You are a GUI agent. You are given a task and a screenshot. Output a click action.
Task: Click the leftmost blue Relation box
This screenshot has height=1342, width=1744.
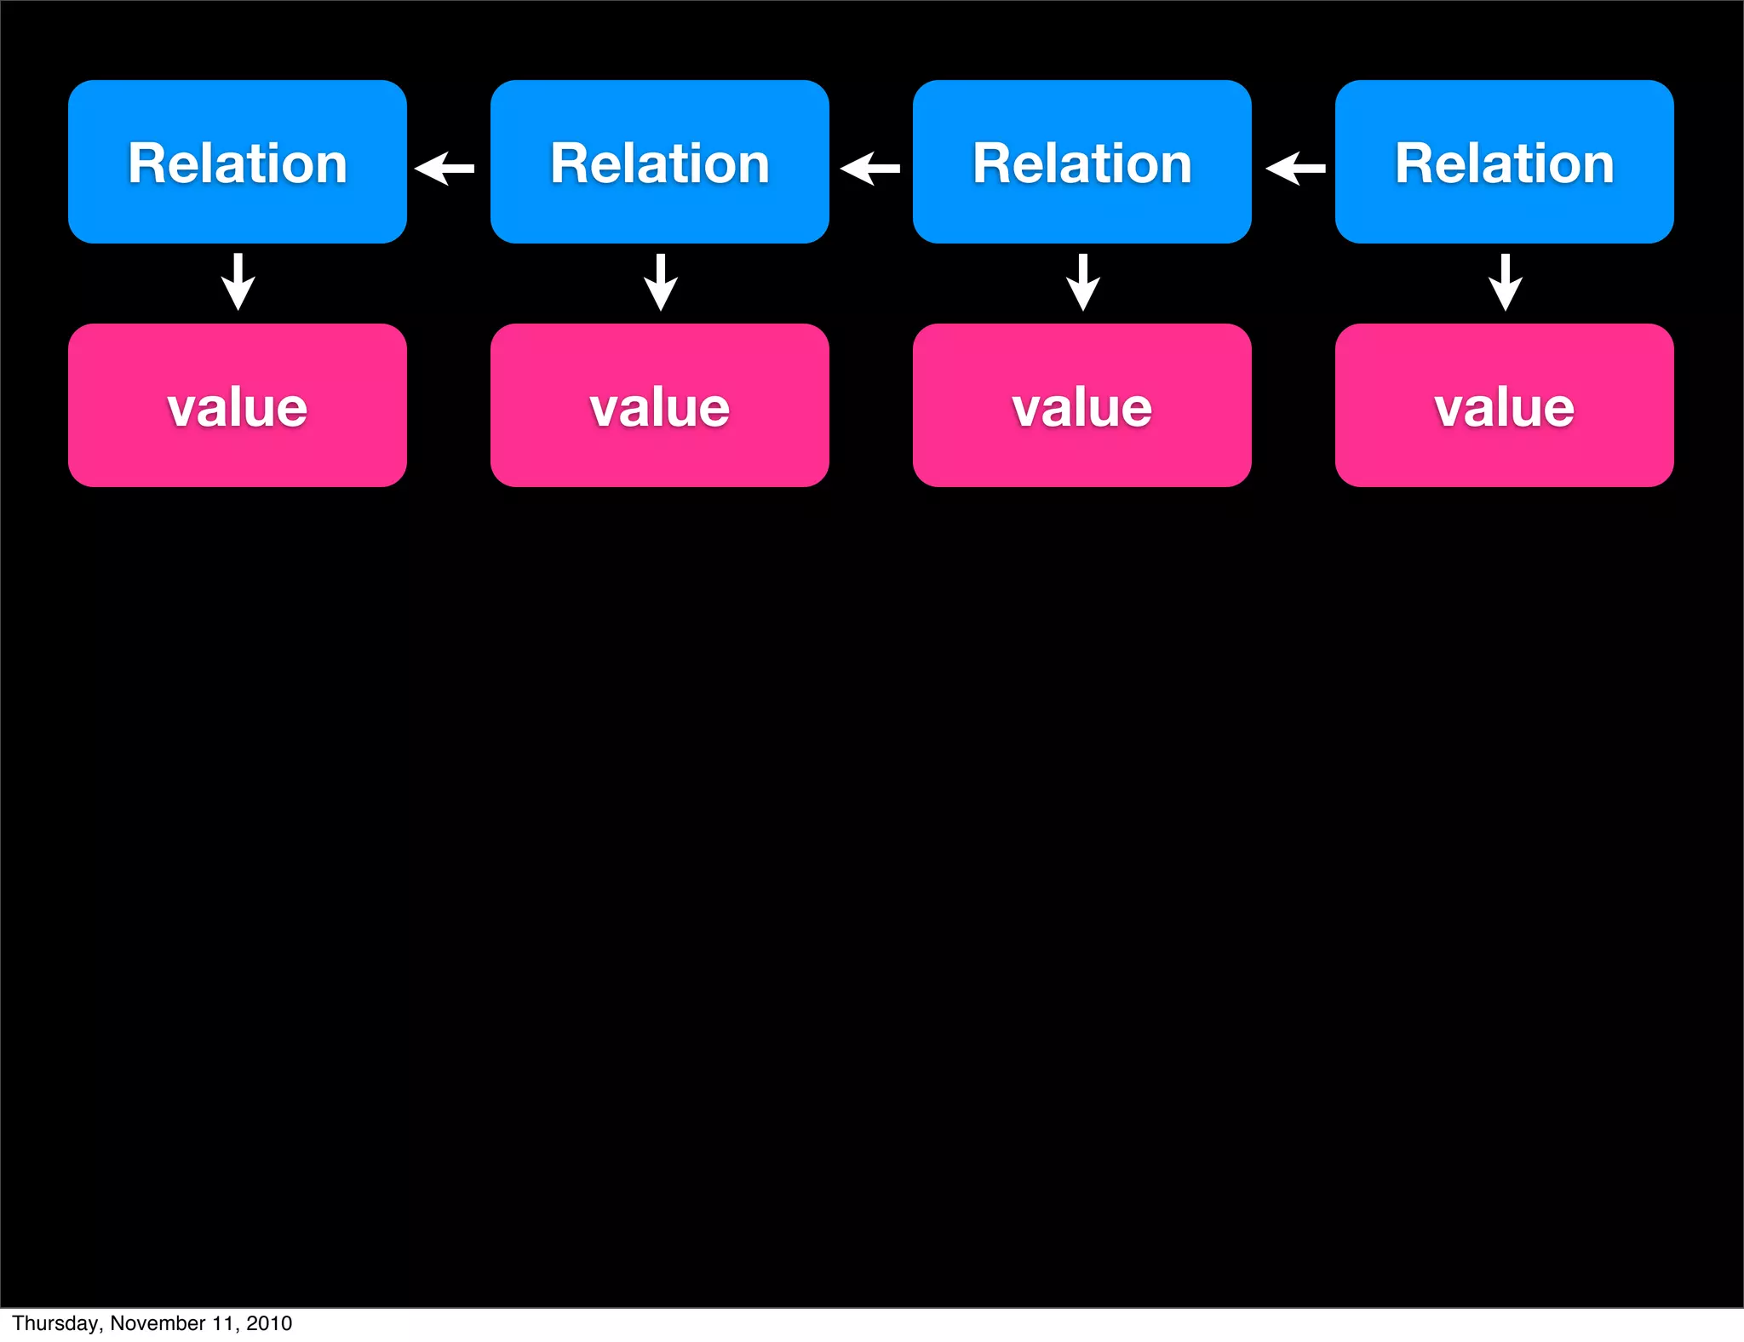click(x=237, y=162)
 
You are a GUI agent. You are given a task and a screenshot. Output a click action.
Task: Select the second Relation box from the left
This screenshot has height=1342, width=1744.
click(x=659, y=162)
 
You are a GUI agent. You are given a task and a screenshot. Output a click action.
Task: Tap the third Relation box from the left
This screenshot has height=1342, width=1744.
click(x=1081, y=162)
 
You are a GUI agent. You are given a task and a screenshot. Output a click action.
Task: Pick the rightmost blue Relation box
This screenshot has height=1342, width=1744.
click(x=1504, y=162)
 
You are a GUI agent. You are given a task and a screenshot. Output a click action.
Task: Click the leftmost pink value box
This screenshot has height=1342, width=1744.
click(x=237, y=405)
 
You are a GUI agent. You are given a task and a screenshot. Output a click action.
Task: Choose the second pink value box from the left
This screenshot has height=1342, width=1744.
click(x=659, y=405)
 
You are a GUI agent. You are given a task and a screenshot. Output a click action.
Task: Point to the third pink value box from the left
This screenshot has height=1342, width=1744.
click(x=1081, y=405)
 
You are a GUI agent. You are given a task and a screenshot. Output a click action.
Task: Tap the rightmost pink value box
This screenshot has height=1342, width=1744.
click(x=1504, y=405)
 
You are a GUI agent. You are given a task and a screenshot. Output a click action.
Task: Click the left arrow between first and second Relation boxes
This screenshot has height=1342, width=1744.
click(x=445, y=169)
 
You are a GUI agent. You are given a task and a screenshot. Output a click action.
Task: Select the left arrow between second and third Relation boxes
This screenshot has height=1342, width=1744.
click(x=869, y=169)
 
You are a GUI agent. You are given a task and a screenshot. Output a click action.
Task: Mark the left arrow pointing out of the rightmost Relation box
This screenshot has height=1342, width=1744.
click(x=1295, y=169)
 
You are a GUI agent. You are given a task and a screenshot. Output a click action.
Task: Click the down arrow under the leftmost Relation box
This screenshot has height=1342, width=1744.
click(x=238, y=282)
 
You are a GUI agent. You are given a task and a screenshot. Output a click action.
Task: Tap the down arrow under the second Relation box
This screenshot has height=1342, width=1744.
click(x=661, y=282)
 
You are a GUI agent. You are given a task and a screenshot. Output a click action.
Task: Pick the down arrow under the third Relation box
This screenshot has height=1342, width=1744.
click(x=1083, y=282)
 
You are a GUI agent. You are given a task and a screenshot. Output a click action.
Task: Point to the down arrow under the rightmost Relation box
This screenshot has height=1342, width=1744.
click(x=1506, y=282)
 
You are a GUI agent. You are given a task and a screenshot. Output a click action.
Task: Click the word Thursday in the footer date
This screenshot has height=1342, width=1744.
click(x=55, y=1323)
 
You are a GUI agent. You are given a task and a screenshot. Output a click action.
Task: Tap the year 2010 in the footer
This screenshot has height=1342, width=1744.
click(x=269, y=1323)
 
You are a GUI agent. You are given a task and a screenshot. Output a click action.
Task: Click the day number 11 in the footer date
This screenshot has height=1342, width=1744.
click(x=224, y=1323)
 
